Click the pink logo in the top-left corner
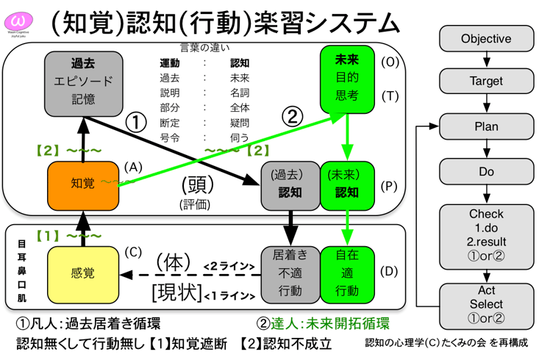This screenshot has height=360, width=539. click(20, 20)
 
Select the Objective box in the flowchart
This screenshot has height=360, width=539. click(485, 38)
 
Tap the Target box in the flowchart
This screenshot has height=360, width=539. click(485, 82)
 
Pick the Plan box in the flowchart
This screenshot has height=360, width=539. click(485, 126)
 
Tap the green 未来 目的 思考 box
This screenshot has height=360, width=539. click(346, 78)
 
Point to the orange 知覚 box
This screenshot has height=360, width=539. click(83, 184)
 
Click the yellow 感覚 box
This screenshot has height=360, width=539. click(83, 274)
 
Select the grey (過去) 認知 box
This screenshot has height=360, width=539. click(290, 184)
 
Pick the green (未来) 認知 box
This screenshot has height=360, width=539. click(346, 184)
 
